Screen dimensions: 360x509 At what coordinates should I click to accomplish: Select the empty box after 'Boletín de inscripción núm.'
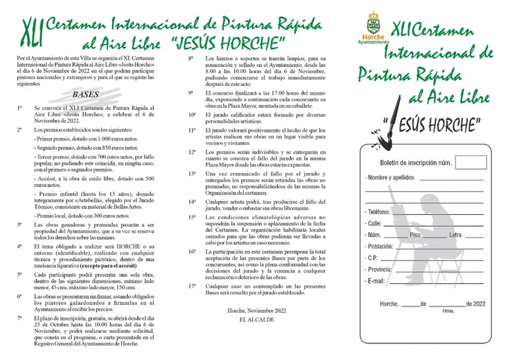pos(471,162)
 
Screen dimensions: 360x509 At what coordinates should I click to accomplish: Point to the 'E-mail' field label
pos(378,282)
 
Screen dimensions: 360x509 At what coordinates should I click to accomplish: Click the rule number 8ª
pos(191,58)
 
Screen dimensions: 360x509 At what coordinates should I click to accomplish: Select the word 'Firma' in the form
pos(448,310)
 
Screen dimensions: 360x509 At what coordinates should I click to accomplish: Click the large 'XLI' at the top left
pos(30,30)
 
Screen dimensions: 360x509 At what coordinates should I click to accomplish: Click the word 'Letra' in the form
pos(455,235)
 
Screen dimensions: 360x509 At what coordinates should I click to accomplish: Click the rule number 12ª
pos(192,151)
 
